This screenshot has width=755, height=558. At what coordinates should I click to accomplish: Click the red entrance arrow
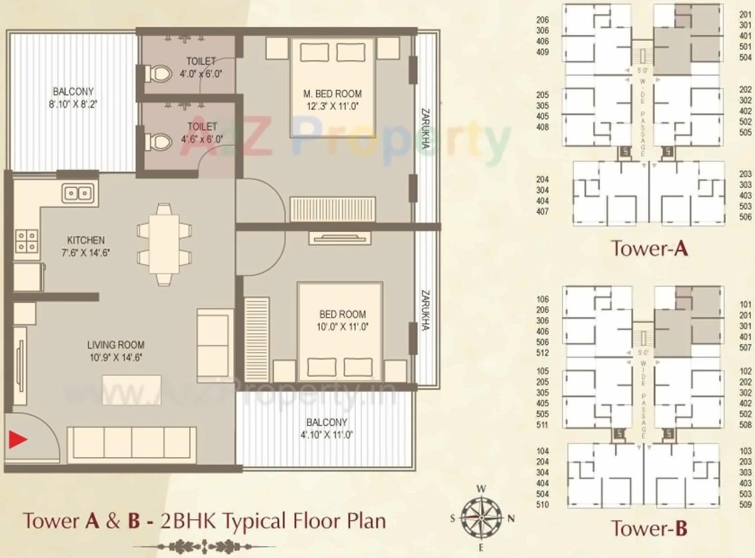(17, 439)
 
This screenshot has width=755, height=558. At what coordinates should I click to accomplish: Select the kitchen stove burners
(27, 241)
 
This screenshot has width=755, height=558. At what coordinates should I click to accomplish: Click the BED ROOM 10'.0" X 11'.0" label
(343, 320)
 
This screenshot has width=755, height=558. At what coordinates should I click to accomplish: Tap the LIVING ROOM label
(115, 351)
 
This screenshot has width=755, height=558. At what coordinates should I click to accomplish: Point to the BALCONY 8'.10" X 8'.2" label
(73, 97)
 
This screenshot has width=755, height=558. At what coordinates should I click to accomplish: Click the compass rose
(480, 517)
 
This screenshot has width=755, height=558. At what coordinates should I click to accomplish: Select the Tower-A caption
(649, 249)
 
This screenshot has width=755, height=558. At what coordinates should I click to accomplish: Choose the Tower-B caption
(649, 529)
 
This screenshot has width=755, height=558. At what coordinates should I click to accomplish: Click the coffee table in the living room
(132, 390)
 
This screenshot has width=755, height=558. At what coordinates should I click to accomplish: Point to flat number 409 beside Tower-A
(542, 52)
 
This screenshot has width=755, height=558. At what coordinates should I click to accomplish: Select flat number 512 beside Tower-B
(542, 353)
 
